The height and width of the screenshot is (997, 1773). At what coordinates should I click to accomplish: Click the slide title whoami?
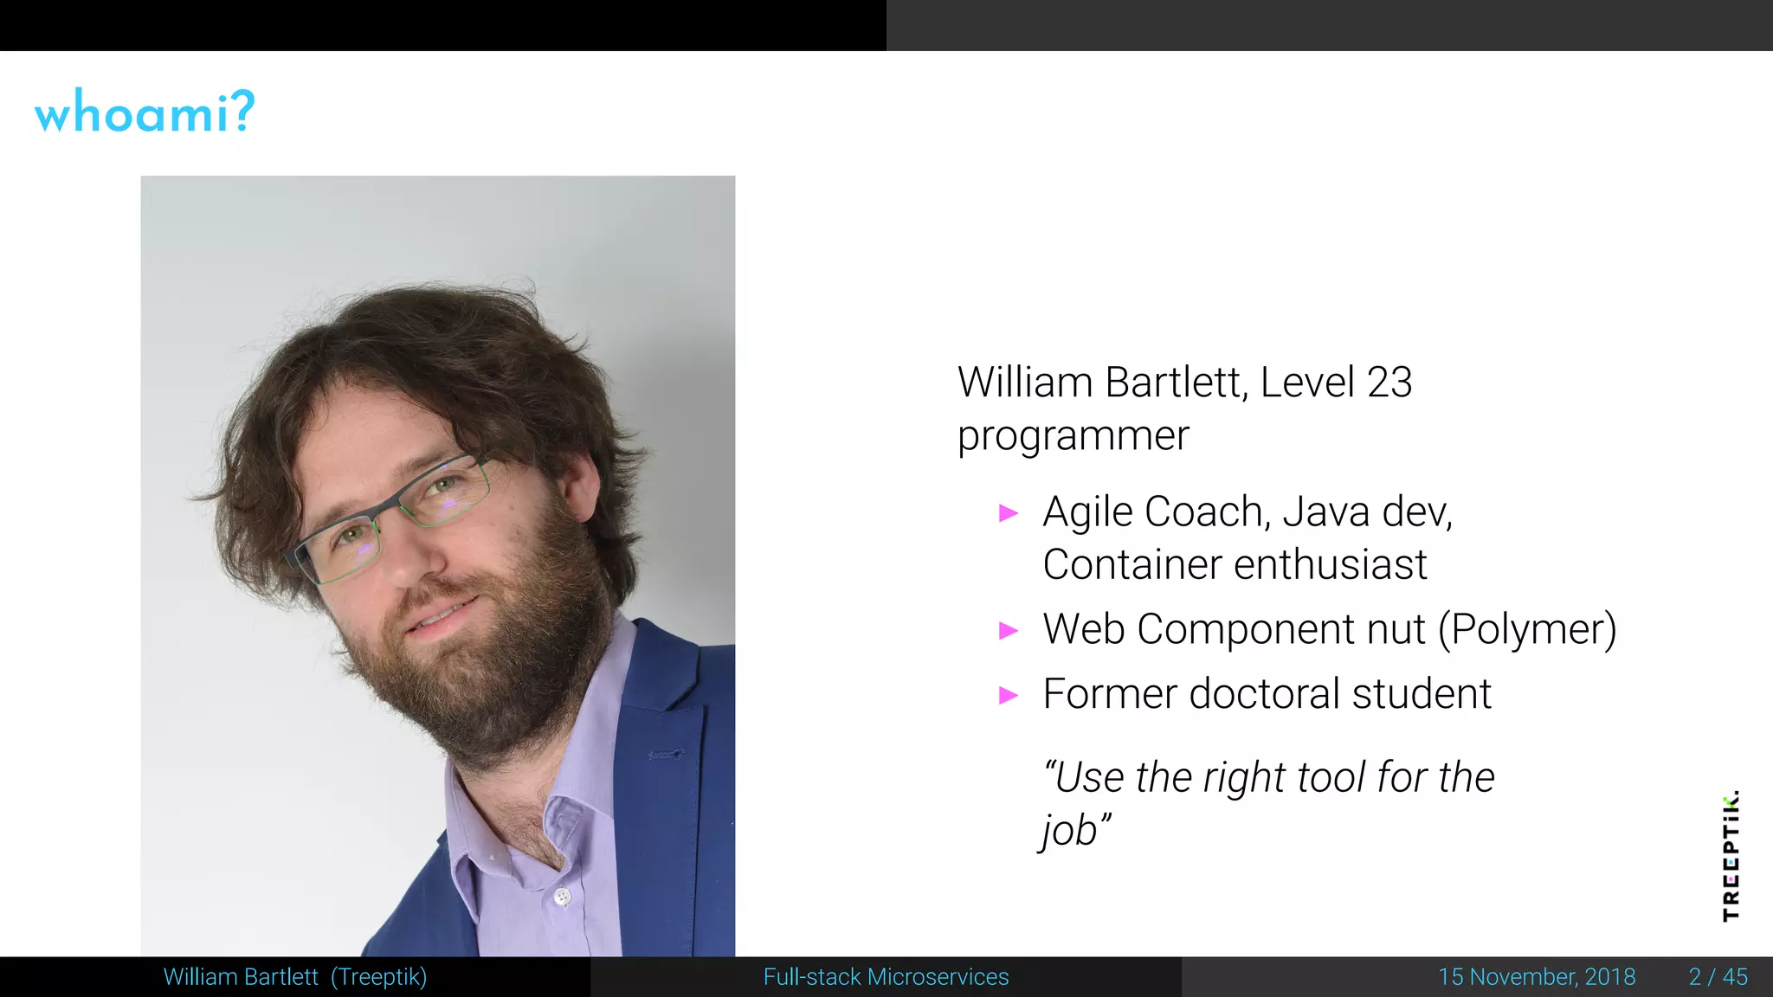click(x=145, y=112)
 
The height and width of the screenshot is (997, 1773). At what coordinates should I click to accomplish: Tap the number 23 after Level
click(x=1389, y=383)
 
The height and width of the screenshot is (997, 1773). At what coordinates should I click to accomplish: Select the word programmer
click(x=1073, y=436)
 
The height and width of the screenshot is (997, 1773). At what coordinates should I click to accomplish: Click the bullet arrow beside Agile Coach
click(x=1009, y=513)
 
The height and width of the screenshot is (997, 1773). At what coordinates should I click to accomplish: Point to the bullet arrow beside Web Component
click(x=1009, y=630)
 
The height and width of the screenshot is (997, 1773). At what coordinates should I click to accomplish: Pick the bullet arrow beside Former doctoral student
click(x=1009, y=695)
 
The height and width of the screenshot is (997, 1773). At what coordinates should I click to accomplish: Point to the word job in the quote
click(x=1069, y=830)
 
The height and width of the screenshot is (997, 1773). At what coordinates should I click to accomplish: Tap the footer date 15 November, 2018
click(x=1537, y=977)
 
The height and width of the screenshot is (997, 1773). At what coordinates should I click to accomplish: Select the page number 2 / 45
click(x=1718, y=977)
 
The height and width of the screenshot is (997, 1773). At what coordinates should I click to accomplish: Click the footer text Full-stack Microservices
click(x=886, y=977)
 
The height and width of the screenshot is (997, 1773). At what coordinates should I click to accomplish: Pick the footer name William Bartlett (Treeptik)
click(x=294, y=977)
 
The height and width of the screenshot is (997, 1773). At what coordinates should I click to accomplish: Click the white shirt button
click(x=563, y=897)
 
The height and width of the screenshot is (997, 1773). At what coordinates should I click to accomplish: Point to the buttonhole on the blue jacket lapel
click(x=666, y=755)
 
